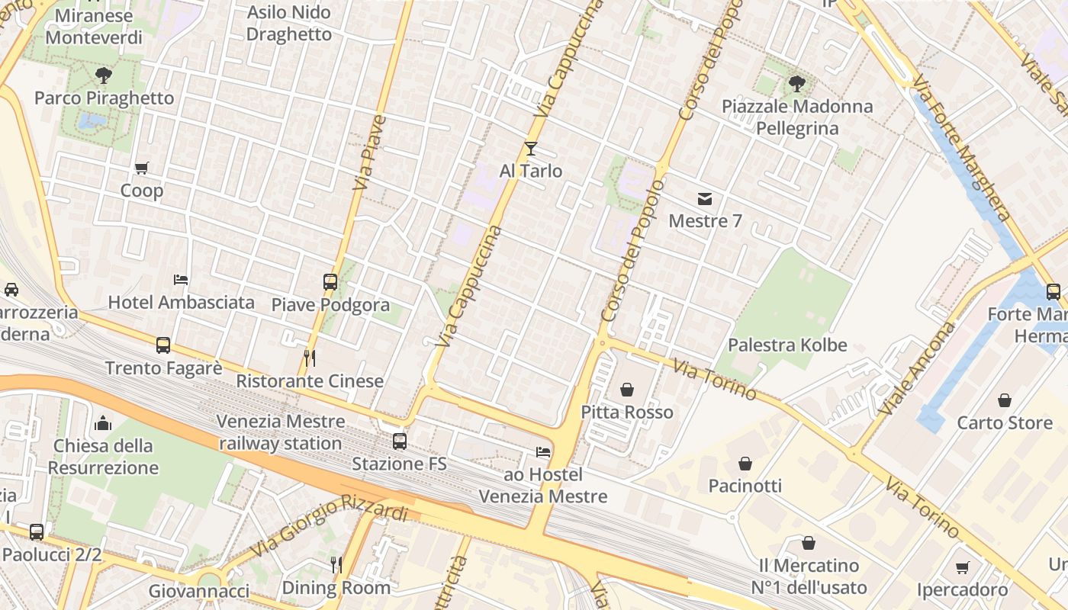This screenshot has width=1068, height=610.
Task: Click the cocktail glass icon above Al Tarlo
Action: (531, 149)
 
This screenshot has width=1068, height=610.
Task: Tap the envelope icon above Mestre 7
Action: (704, 199)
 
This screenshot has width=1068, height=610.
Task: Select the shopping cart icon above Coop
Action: (141, 169)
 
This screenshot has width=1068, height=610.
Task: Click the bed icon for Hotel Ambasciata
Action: (181, 280)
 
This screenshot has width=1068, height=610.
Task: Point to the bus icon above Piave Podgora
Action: (330, 282)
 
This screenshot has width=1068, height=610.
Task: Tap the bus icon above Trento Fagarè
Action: (163, 345)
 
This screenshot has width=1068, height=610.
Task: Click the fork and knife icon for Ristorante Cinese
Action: (310, 358)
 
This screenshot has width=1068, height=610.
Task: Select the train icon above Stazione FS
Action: (399, 441)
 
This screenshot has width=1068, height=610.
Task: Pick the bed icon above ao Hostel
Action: (543, 452)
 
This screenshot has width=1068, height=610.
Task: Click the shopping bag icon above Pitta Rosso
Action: (627, 390)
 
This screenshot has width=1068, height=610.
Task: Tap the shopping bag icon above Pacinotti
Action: (745, 464)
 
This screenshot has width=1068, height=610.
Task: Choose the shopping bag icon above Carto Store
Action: (1005, 400)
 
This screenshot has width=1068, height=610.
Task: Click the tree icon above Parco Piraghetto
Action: (104, 75)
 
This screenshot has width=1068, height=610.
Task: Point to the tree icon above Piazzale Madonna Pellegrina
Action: (797, 84)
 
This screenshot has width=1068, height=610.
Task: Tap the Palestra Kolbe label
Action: (787, 345)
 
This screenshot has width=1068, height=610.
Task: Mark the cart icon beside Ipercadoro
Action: (962, 568)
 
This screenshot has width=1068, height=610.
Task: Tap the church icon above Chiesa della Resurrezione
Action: (103, 423)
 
